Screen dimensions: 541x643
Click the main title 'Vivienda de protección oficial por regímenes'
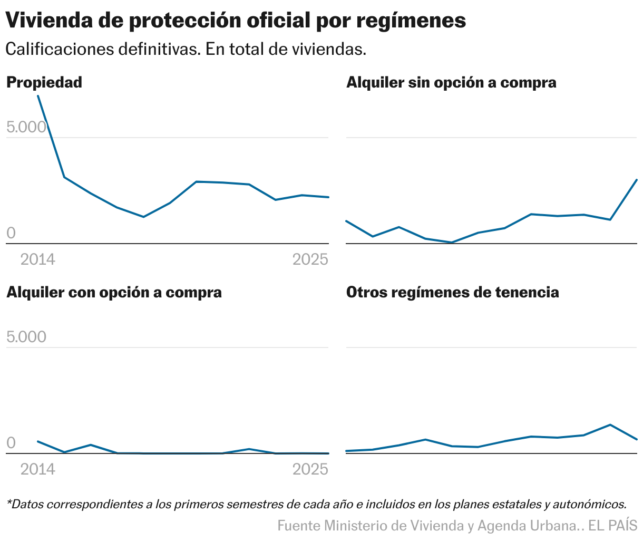click(236, 21)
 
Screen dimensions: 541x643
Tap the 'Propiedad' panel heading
click(44, 83)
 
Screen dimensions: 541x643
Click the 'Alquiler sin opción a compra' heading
click(451, 83)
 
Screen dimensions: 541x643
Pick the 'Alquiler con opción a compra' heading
click(114, 293)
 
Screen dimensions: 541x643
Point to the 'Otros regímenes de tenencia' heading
click(452, 293)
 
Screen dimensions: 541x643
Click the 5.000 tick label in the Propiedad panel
click(26, 127)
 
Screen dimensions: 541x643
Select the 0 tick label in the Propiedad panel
click(11, 233)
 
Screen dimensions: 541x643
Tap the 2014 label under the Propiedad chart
click(37, 259)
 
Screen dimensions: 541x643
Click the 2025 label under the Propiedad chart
click(310, 259)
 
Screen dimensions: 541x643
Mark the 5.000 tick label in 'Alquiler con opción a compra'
click(26, 337)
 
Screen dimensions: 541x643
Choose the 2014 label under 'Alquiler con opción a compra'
click(37, 469)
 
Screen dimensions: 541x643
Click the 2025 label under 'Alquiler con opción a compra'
click(310, 469)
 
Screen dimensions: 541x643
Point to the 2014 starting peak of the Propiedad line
click(38, 96)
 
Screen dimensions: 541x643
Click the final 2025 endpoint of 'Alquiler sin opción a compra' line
click(637, 180)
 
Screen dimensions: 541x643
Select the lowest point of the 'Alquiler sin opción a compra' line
click(452, 243)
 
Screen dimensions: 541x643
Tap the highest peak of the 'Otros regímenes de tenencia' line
click(610, 424)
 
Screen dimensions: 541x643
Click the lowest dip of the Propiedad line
click(143, 217)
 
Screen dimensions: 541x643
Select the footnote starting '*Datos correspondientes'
click(316, 504)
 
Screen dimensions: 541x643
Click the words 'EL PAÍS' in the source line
click(612, 526)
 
